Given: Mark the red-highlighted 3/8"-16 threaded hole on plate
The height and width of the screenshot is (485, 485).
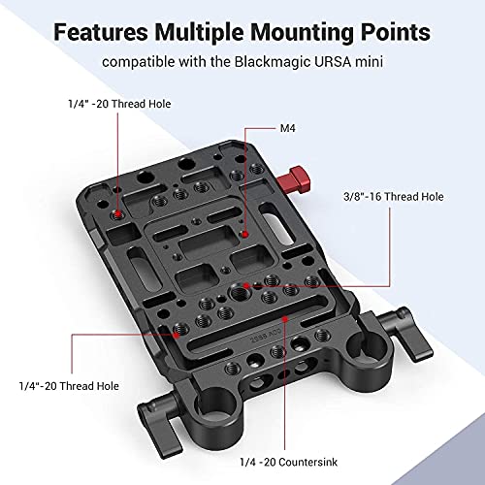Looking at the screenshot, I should tap(250, 285).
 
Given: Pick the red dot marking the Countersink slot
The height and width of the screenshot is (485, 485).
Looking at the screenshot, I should tap(284, 317).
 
